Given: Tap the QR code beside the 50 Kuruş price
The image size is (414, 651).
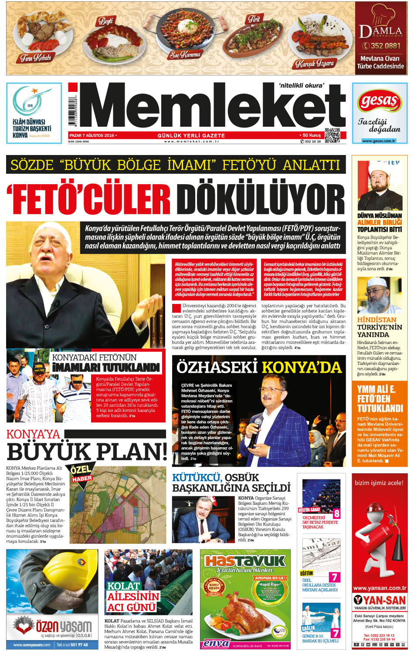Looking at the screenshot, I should point(332,135).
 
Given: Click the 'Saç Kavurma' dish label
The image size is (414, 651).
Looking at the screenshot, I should point(185,55).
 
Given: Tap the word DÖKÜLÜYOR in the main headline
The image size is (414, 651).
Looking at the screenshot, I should point(261,199).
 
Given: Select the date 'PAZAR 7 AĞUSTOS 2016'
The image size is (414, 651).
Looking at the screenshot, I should point(92,135).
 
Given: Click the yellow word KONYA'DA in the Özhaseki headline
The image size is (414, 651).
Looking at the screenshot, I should point(302,367).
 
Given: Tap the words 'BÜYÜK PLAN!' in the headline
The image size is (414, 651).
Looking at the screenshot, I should point(87,451).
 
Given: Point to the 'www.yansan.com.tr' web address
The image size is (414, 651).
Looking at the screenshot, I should point(380,588).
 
